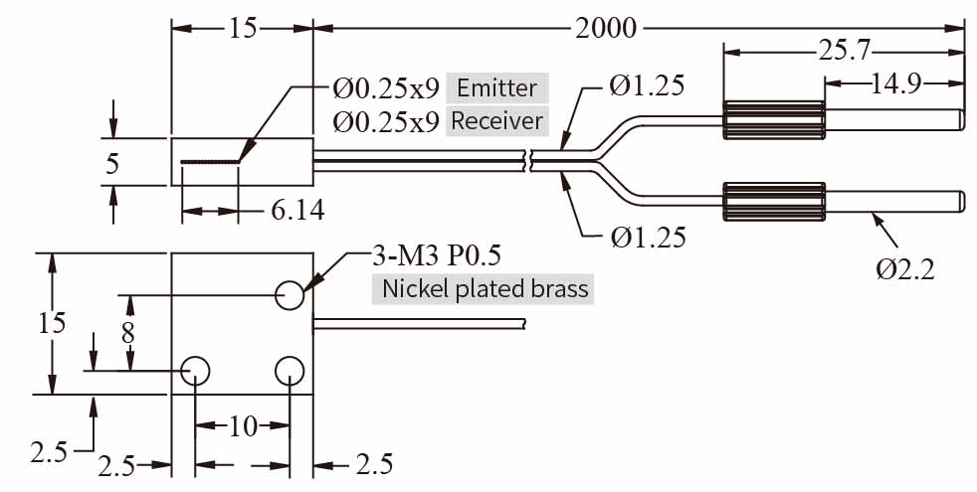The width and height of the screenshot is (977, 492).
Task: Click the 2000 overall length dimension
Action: coord(605,28)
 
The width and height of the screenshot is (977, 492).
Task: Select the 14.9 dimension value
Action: coord(892,83)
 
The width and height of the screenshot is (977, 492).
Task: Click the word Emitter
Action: coord(496,87)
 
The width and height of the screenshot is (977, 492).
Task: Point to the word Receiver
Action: coord(496,121)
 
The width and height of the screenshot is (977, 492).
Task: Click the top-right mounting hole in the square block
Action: coord(290,293)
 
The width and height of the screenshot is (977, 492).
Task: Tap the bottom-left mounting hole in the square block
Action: coord(196,371)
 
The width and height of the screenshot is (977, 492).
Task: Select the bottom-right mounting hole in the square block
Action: coord(290,371)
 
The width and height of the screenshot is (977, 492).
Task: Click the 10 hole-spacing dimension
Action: coord(243,427)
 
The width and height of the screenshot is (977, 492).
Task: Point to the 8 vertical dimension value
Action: coord(127,332)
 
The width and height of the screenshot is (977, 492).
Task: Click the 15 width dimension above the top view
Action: coord(243,28)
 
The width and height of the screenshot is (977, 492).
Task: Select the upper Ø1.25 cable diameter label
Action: coord(647,86)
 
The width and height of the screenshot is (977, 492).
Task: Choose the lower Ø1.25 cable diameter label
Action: coord(647,237)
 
